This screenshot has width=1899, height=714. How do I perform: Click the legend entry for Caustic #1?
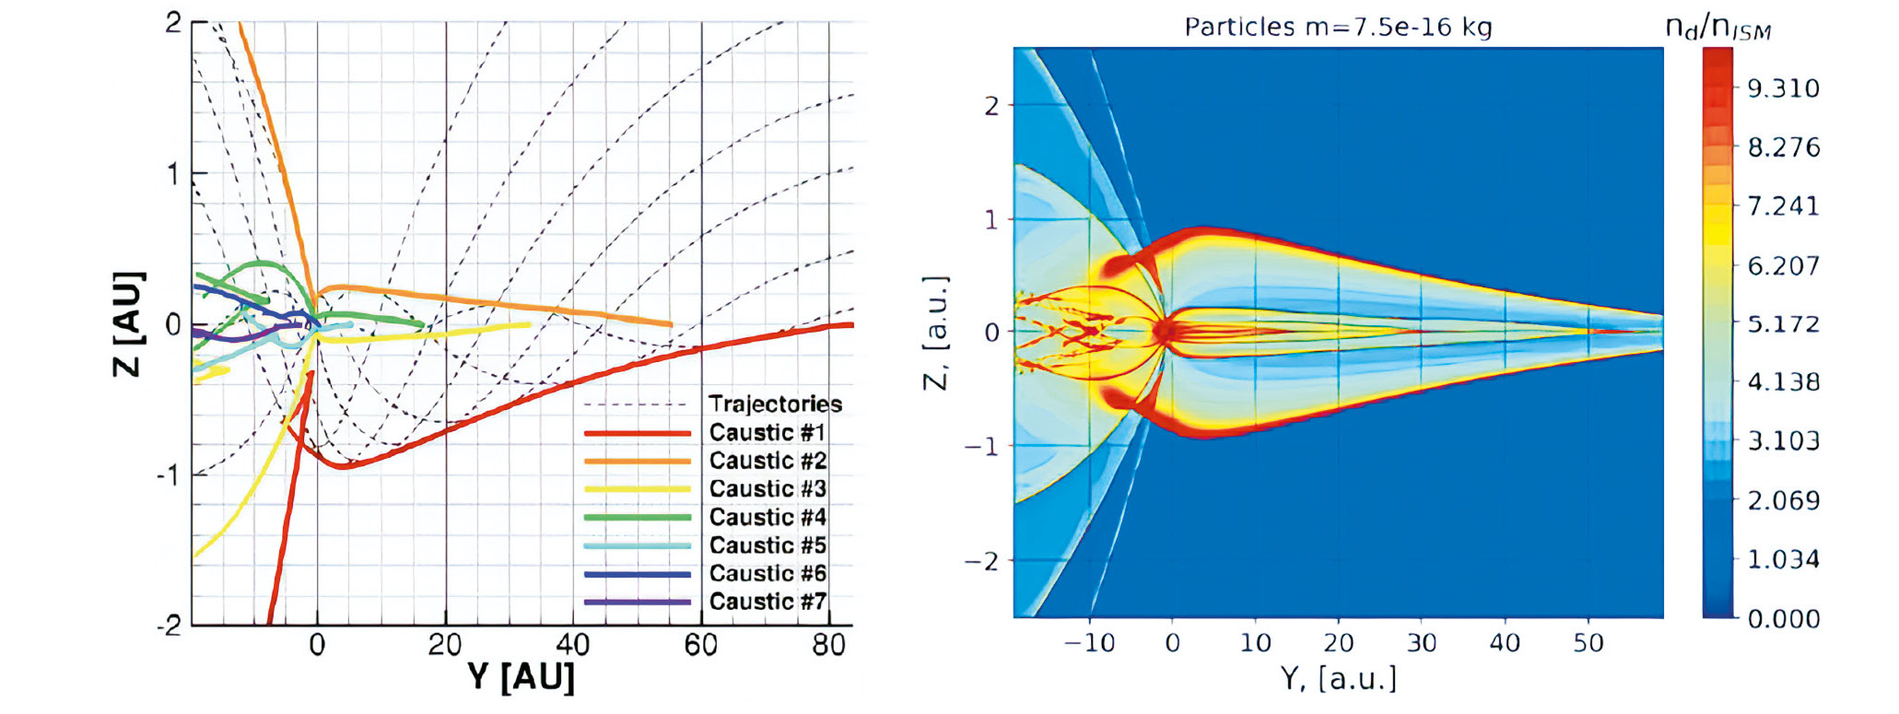(767, 432)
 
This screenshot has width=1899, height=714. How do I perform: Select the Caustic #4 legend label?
(767, 517)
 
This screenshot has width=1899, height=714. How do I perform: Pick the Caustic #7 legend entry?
(767, 602)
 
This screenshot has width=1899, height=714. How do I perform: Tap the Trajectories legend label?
(775, 404)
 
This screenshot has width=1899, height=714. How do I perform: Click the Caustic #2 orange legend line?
(637, 461)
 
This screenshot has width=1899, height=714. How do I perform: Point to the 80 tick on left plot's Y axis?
(828, 645)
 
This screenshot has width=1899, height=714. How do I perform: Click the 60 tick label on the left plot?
(700, 645)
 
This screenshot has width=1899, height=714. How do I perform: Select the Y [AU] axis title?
(521, 677)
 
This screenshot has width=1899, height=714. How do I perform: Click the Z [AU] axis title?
(128, 324)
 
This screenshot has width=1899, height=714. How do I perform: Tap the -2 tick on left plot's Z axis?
(170, 626)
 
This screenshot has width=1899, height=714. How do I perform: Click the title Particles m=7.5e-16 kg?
(1338, 27)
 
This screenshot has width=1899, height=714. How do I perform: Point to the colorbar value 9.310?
(1783, 88)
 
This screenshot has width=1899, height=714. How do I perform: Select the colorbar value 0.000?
(1783, 618)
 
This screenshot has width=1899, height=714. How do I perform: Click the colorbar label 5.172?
(1783, 324)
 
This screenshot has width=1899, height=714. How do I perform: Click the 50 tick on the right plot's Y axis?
(1588, 642)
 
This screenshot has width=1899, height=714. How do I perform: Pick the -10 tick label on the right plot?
(1089, 642)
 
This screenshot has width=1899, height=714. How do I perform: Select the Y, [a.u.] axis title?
(1338, 679)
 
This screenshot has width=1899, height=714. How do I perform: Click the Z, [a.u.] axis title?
(935, 332)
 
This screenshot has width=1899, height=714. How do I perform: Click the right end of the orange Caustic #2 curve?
(670, 324)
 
